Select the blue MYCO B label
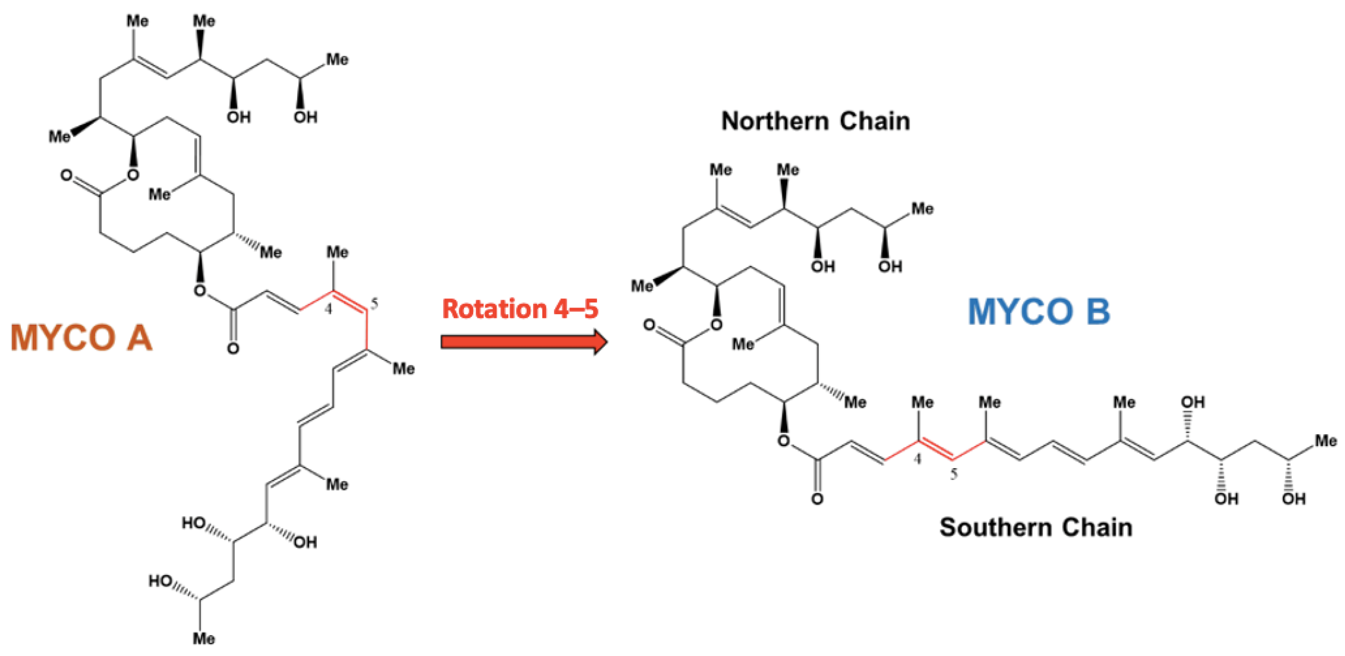tap(1039, 312)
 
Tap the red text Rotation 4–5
tap(520, 309)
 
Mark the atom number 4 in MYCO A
tap(328, 309)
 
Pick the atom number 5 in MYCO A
tap(374, 303)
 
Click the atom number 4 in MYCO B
tap(917, 459)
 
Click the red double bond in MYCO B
tap(936, 450)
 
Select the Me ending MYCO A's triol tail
tap(204, 638)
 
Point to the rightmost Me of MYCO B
tap(1326, 441)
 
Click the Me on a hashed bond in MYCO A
tap(271, 253)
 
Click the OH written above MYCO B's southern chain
tap(1193, 403)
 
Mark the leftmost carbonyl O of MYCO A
tap(66, 175)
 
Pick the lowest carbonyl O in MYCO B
tap(817, 499)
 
